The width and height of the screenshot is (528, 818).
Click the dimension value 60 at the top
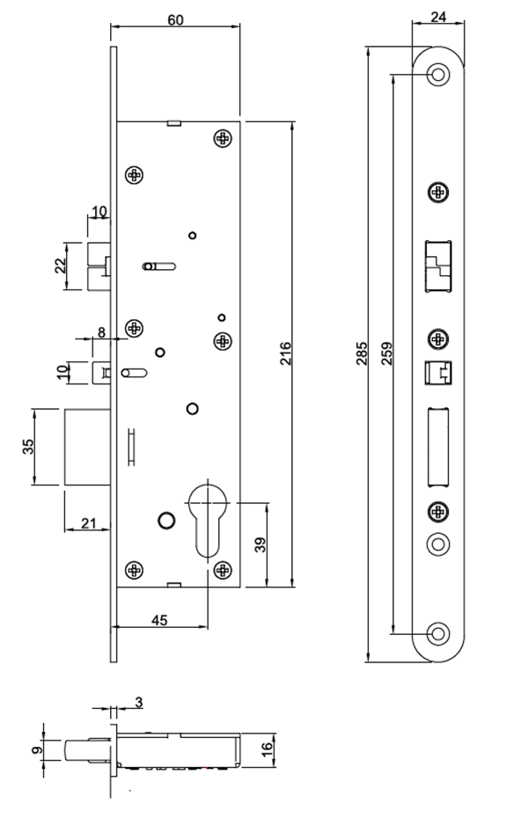175,20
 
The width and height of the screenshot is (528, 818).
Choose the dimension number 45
158,620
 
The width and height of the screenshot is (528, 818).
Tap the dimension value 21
88,523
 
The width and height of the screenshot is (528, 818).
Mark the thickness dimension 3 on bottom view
139,702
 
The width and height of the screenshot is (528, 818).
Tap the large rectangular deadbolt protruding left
87,446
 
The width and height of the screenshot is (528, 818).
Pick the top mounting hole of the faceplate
437,75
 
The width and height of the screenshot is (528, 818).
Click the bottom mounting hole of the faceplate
437,632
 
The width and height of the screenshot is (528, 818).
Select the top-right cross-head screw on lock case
223,138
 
